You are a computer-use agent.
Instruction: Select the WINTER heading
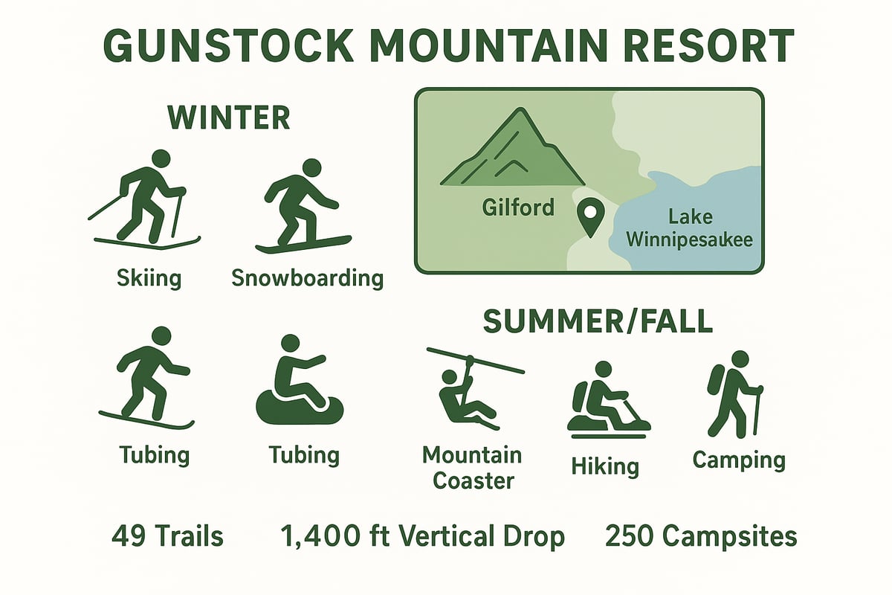(x=228, y=118)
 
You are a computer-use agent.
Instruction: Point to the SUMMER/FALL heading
(x=598, y=321)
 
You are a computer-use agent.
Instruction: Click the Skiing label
(x=149, y=278)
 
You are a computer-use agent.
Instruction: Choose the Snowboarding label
(x=307, y=278)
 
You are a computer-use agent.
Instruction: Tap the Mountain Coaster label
(x=473, y=467)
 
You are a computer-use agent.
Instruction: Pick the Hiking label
(x=605, y=466)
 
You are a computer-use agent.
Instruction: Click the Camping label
(x=738, y=460)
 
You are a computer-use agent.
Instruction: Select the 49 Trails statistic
(x=167, y=536)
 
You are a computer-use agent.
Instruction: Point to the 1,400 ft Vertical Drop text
(x=422, y=536)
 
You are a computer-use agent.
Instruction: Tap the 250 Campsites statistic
(x=701, y=536)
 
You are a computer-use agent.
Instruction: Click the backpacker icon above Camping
(x=734, y=393)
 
